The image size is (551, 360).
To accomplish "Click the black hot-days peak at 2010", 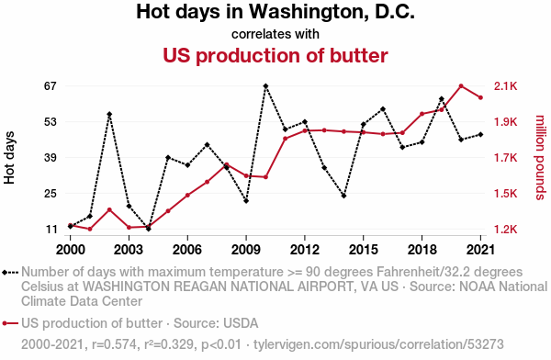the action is pyautogui.click(x=265, y=86).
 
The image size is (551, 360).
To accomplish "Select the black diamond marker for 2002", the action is pyautogui.click(x=109, y=114).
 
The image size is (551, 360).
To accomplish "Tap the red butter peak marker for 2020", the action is pyautogui.click(x=461, y=86).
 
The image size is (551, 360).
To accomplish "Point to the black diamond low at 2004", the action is pyautogui.click(x=148, y=229).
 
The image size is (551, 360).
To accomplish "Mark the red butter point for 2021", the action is pyautogui.click(x=480, y=97).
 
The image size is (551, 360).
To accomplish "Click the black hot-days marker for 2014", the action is pyautogui.click(x=343, y=196).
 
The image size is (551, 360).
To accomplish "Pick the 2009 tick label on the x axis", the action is pyautogui.click(x=246, y=250).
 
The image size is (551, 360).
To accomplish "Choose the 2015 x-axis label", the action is pyautogui.click(x=364, y=250).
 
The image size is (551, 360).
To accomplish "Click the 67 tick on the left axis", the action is pyautogui.click(x=51, y=86).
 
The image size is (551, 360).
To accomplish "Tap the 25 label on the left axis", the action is pyautogui.click(x=51, y=194).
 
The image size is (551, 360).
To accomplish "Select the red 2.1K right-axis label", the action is pyautogui.click(x=506, y=86).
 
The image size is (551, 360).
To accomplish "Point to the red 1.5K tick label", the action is pyautogui.click(x=506, y=194).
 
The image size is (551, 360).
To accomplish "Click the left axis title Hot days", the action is pyautogui.click(x=9, y=158).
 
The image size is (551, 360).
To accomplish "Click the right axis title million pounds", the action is pyautogui.click(x=540, y=158).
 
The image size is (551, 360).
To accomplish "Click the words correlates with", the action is pyautogui.click(x=275, y=34).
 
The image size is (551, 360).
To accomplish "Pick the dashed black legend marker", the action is pyautogui.click(x=10, y=273).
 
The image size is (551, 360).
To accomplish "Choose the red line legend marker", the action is pyautogui.click(x=10, y=323).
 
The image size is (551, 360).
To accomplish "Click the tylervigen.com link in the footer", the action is pyautogui.click(x=378, y=344).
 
